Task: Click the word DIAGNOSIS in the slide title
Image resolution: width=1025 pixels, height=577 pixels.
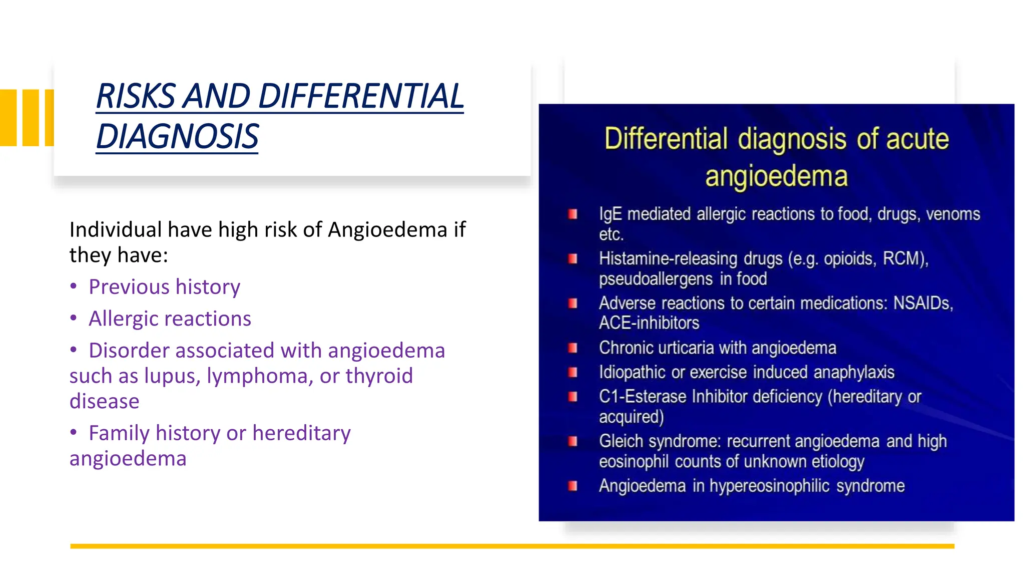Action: coord(177,137)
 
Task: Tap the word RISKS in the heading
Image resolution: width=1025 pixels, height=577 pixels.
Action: coord(136,96)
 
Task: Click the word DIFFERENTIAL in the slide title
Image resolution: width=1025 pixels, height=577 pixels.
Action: coord(361,96)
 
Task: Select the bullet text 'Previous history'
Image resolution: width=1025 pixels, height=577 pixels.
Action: coord(164,287)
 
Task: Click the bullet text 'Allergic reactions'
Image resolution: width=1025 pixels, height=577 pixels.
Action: coord(170,319)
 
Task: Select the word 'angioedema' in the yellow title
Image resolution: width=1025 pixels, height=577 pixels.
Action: coord(776,176)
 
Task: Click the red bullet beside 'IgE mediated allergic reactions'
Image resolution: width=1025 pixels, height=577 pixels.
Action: coord(573,214)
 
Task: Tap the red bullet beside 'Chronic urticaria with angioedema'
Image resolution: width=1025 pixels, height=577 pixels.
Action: coord(573,348)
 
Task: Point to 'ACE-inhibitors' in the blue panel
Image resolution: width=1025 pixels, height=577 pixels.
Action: coord(649,323)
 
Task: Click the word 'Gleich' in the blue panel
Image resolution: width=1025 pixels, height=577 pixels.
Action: coord(621,441)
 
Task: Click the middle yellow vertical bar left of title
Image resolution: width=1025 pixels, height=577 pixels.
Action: coord(31,118)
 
